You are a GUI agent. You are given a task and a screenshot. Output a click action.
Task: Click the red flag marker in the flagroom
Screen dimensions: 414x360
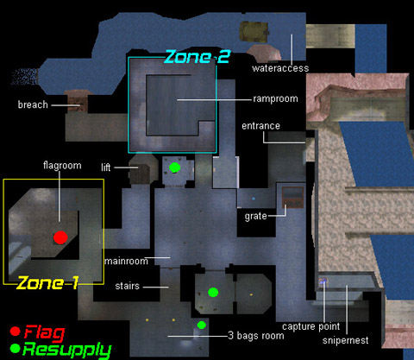60,237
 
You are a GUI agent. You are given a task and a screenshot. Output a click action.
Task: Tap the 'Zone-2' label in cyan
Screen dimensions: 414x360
198,56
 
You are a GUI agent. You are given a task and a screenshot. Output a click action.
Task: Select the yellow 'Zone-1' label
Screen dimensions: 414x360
47,283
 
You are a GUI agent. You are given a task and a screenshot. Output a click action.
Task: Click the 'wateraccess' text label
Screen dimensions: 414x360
280,68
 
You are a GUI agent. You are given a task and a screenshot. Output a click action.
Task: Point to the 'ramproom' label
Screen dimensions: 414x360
275,98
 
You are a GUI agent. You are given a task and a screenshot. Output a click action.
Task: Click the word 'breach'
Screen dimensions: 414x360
33,104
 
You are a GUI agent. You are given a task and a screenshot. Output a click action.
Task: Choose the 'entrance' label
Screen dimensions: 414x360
260,126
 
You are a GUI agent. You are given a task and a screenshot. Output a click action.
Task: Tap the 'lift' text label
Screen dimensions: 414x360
105,167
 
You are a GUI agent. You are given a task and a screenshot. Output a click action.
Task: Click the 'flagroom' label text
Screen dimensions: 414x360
62,166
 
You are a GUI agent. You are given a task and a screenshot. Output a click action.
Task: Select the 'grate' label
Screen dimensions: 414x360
255,216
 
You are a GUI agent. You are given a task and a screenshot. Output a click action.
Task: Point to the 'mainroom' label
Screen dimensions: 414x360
126,261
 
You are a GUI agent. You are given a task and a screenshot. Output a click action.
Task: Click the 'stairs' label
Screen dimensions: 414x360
127,286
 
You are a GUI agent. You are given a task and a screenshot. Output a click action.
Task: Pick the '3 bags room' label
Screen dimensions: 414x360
256,336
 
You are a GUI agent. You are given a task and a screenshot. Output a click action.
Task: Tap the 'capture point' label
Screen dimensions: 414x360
310,326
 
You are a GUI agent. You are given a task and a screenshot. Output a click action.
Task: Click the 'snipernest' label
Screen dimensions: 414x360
345,340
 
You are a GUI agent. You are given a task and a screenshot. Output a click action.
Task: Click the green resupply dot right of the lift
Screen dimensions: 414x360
174,167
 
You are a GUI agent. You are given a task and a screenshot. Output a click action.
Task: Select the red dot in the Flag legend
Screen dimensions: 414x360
15,332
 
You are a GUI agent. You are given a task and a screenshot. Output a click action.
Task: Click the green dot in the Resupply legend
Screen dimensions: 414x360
15,348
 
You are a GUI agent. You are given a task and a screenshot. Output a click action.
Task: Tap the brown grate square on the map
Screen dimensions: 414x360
292,197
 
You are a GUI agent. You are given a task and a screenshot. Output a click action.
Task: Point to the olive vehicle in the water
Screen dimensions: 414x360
254,32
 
